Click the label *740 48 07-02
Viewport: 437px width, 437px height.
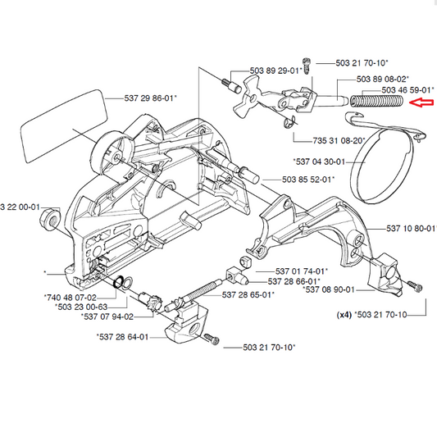point(69,298)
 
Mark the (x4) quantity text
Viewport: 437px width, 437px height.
point(346,314)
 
